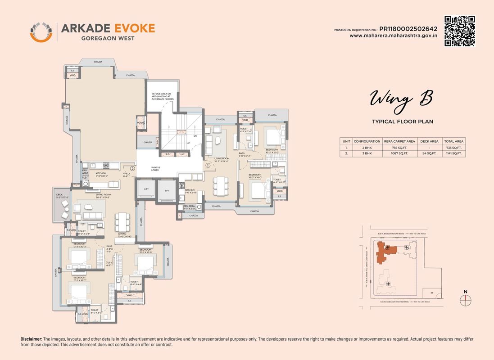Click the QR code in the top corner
tap(460, 31)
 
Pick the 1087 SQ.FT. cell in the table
tap(399, 153)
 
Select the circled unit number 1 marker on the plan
tap(208, 165)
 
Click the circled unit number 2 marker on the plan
tap(132, 169)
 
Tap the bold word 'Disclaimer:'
tap(31, 338)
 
